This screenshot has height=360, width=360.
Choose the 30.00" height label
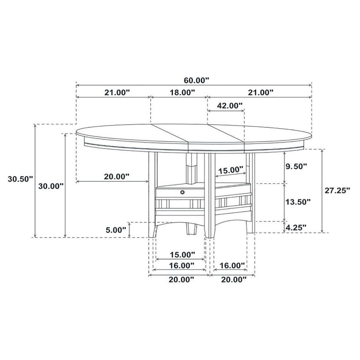click(50, 185)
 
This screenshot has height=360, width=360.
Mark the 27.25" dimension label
click(337, 190)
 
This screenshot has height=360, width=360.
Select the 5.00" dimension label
click(116, 229)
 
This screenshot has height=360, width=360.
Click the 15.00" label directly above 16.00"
click(181, 254)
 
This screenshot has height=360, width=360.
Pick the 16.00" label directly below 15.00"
click(181, 265)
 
